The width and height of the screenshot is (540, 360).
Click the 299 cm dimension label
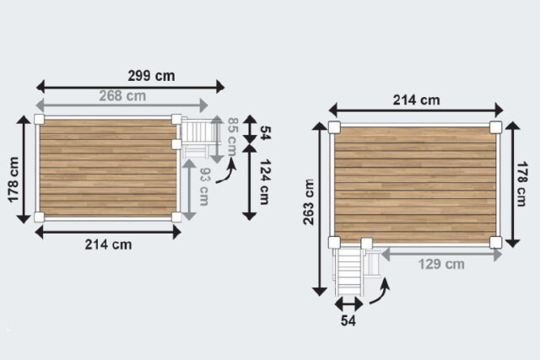coord(152,75)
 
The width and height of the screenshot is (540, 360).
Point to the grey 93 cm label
coord(203,190)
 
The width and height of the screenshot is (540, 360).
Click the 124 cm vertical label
coord(264,183)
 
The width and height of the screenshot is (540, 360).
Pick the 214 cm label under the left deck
coord(109,244)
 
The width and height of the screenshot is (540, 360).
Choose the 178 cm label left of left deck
coord(13,179)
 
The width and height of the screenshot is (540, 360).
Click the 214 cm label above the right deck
coord(416,99)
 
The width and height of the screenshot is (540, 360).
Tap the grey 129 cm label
coord(441,264)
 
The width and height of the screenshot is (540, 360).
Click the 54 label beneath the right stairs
coord(348,320)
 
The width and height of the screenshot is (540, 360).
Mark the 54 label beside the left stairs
coord(264,132)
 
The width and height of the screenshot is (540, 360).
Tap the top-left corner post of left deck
coord(39,120)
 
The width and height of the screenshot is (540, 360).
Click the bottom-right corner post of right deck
coord(495,242)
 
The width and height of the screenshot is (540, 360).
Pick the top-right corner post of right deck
coord(495,127)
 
